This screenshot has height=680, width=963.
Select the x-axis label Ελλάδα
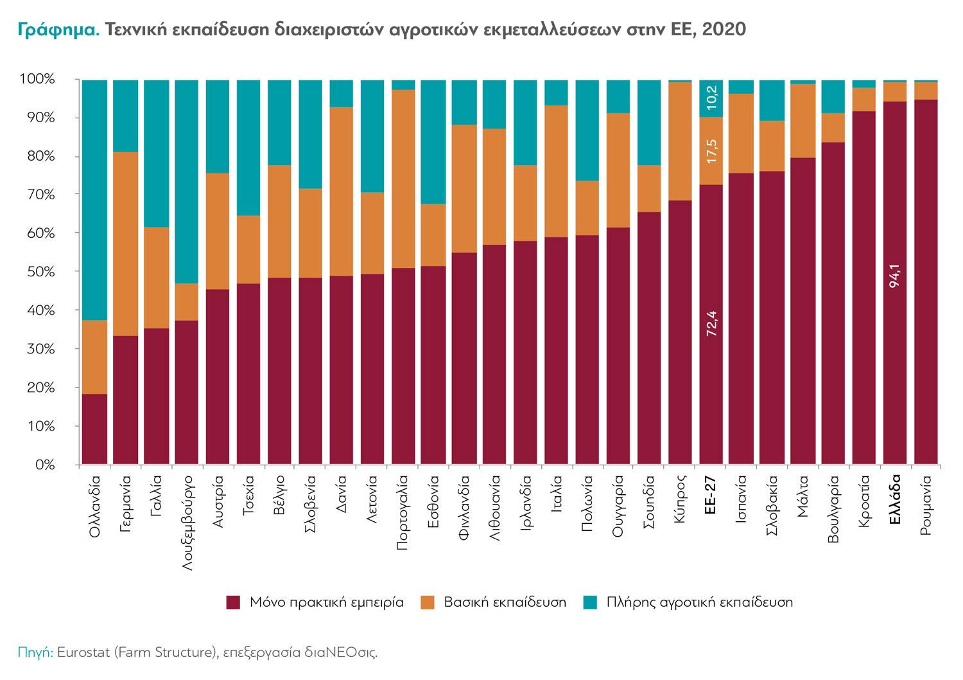[896, 499]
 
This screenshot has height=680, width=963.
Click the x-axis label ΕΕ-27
[711, 495]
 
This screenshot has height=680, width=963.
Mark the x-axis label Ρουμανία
[926, 505]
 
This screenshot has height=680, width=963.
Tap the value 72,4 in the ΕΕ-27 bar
[711, 324]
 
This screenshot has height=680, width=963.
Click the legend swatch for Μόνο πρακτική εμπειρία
[233, 602]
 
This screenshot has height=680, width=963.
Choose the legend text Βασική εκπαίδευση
[505, 602]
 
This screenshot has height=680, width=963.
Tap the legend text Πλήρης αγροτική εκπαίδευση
[700, 602]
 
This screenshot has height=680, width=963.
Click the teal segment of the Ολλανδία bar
[95, 199]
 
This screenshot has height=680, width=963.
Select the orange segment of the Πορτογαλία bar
[403, 179]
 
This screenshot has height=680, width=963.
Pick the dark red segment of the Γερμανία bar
[126, 400]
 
